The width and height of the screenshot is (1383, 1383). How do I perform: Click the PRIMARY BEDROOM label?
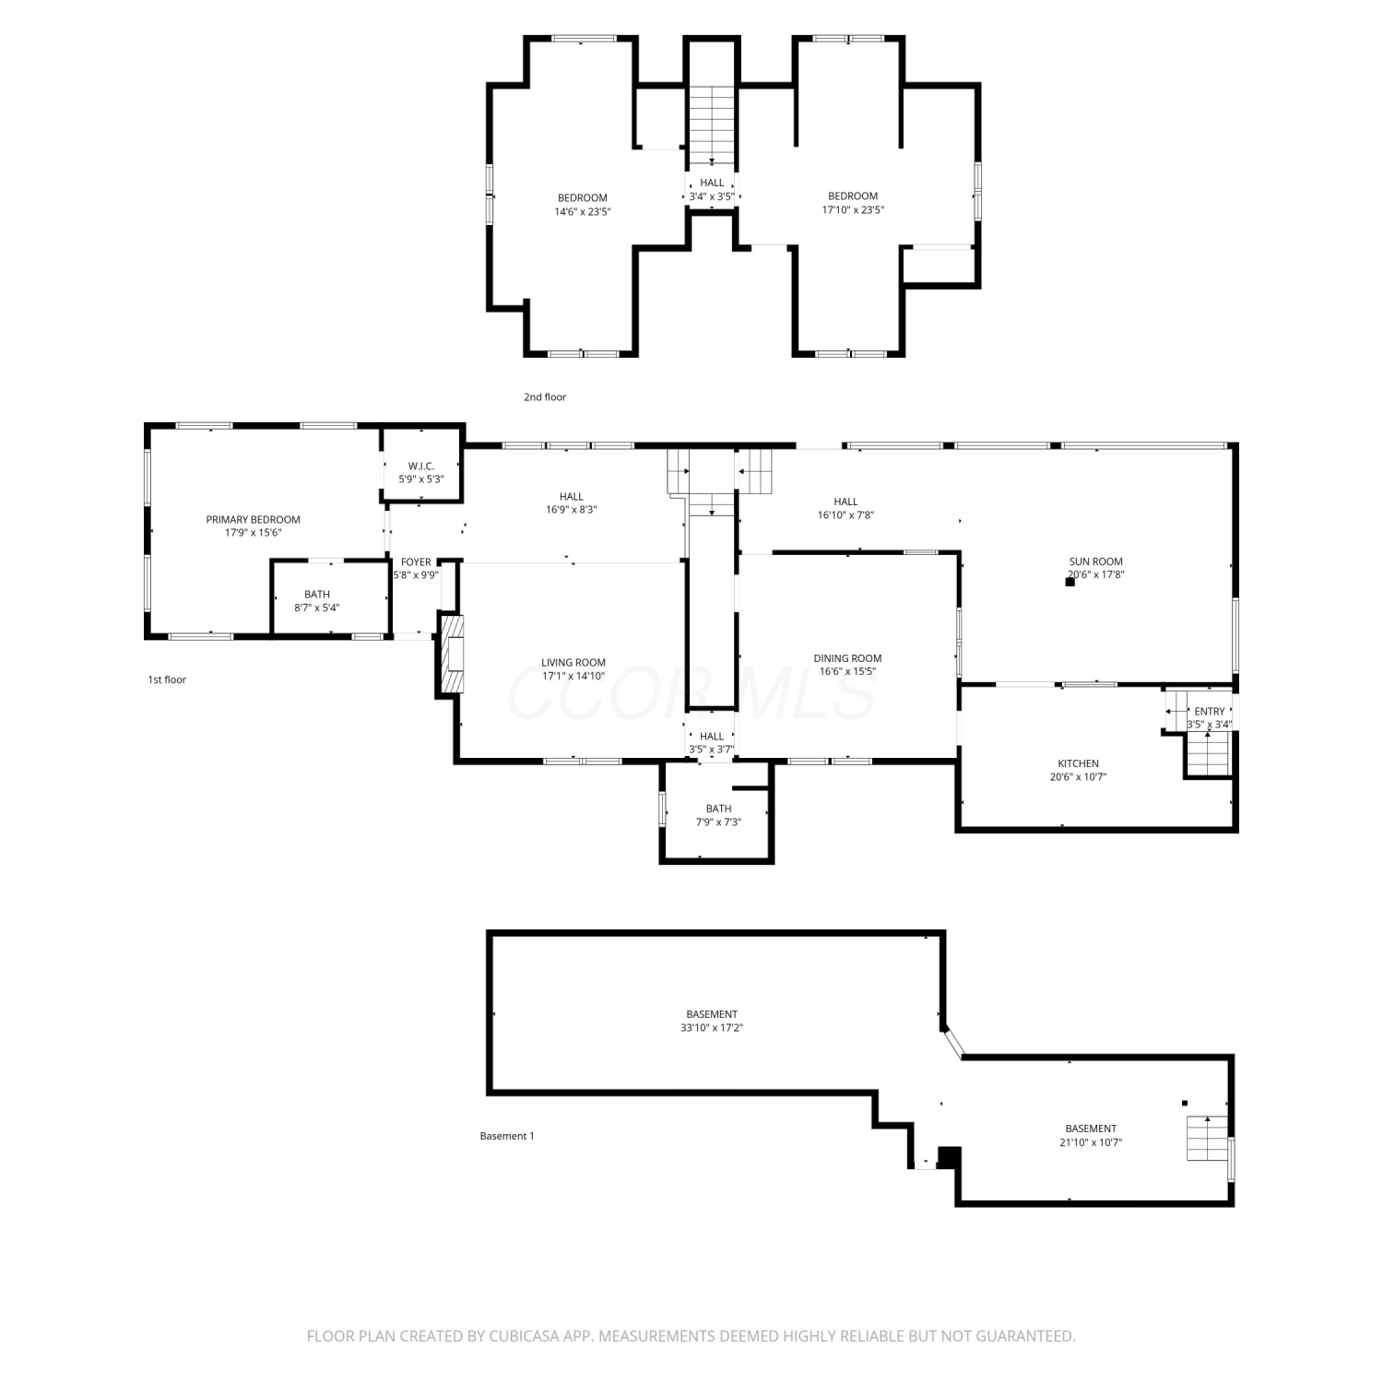click(x=253, y=520)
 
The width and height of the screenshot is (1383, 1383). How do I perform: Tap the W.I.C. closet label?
click(x=421, y=467)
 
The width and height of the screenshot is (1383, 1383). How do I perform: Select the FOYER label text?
click(x=416, y=562)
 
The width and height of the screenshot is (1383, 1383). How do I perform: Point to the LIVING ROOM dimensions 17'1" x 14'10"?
click(x=573, y=676)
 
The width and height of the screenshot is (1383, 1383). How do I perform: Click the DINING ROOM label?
click(x=847, y=658)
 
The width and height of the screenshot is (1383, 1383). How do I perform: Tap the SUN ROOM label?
click(x=1096, y=561)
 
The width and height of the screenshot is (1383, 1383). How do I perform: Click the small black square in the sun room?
click(x=1070, y=582)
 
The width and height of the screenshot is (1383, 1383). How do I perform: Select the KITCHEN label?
click(x=1078, y=763)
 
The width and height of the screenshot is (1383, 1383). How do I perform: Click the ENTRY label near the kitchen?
click(x=1210, y=712)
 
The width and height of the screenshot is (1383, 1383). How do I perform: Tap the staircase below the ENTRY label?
click(x=1207, y=756)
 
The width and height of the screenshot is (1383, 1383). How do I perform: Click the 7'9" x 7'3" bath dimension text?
click(x=718, y=822)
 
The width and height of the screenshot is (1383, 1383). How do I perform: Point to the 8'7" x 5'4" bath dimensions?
click(x=317, y=608)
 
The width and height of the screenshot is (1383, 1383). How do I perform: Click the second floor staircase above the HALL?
click(x=712, y=124)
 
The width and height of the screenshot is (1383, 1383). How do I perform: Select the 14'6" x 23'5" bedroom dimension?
click(x=583, y=211)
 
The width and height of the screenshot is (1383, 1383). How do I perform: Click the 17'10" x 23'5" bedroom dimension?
click(x=853, y=209)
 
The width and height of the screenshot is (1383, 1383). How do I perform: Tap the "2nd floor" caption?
click(x=545, y=397)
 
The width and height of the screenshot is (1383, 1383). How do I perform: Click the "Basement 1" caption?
click(x=507, y=1136)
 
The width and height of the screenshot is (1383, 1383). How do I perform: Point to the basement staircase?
click(x=1208, y=1138)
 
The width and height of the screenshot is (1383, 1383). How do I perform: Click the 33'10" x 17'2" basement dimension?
click(x=712, y=1027)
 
